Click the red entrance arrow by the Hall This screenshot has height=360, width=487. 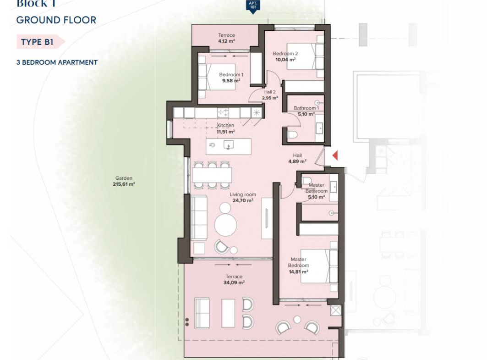pyautogui.click(x=335, y=155)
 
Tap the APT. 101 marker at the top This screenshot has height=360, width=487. pyautogui.click(x=253, y=6)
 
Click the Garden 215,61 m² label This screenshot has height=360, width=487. pyautogui.click(x=124, y=181)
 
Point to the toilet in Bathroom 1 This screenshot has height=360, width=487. pyautogui.click(x=292, y=135)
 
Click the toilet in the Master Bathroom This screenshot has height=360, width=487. pyautogui.click(x=307, y=181)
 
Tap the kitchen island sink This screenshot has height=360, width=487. pyautogui.click(x=229, y=145)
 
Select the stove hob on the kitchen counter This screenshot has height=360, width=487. pyautogui.click(x=223, y=113)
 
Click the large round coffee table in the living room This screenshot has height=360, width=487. pyautogui.click(x=225, y=224)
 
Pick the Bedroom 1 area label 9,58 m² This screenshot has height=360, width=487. pyautogui.click(x=231, y=81)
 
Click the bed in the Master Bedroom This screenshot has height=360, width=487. pyautogui.click(x=319, y=266)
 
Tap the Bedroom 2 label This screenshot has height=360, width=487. pyautogui.click(x=285, y=54)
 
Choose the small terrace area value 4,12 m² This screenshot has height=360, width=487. pyautogui.click(x=226, y=41)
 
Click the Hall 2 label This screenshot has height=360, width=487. pyautogui.click(x=270, y=92)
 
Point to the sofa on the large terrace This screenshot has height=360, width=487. pyautogui.click(x=202, y=313)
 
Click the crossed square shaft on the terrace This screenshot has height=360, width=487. pyautogui.click(x=335, y=310)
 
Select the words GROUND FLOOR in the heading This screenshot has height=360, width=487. pyautogui.click(x=56, y=20)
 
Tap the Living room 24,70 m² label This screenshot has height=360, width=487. pyautogui.click(x=242, y=197)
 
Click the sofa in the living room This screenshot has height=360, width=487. pyautogui.click(x=199, y=218)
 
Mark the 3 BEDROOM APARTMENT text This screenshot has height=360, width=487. pyautogui.click(x=57, y=62)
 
